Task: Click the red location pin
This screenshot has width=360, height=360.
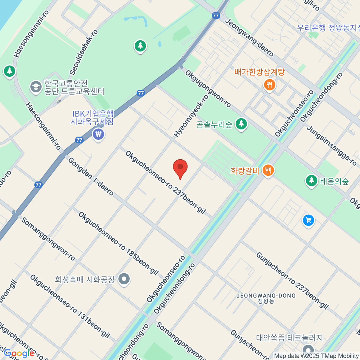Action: pyautogui.click(x=180, y=167)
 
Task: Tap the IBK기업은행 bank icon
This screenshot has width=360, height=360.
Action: pyautogui.click(x=98, y=134)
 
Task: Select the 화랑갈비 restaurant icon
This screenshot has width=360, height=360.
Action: pyautogui.click(x=268, y=170)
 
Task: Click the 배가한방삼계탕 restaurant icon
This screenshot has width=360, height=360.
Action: pyautogui.click(x=269, y=85)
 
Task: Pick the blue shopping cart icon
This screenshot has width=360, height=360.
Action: pyautogui.click(x=308, y=221)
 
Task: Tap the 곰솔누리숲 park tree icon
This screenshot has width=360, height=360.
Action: pyautogui.click(x=241, y=124)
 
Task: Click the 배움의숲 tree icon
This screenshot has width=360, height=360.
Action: pyautogui.click(x=312, y=180)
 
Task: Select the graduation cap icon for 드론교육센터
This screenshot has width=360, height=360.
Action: pyautogui.click(x=36, y=87)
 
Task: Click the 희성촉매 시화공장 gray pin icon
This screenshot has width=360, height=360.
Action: pyautogui.click(x=124, y=279)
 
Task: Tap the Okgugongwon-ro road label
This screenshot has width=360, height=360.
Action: pyautogui.click(x=208, y=88)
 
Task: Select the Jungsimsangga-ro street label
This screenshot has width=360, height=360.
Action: pyautogui.click(x=332, y=145)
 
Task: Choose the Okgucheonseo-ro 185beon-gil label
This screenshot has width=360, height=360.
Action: pyautogui.click(x=118, y=243)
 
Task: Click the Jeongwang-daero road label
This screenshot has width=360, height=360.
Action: pyautogui.click(x=249, y=37)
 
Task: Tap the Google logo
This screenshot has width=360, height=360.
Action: pyautogui.click(x=19, y=353)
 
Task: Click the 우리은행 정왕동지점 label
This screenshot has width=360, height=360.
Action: pyautogui.click(x=328, y=28)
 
